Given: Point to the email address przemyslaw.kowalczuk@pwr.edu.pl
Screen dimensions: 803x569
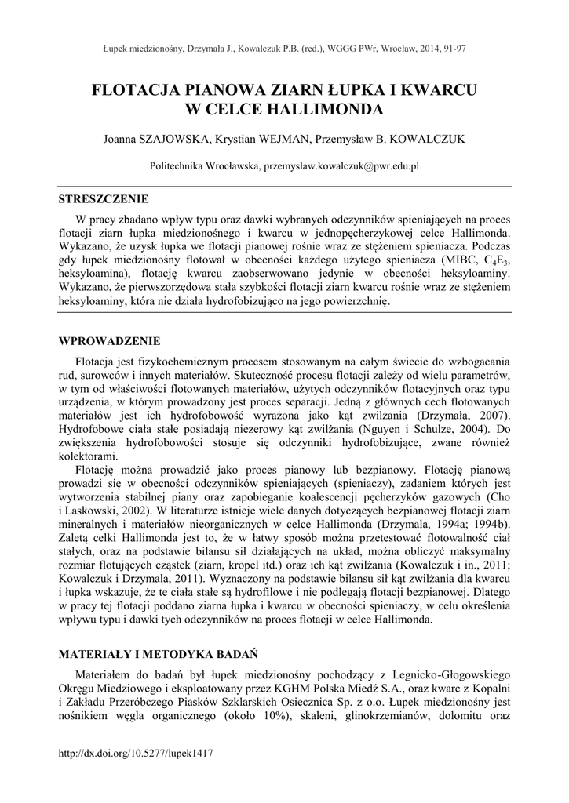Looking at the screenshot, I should click(341, 166).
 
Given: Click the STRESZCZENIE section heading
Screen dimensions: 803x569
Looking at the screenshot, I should click(104, 198).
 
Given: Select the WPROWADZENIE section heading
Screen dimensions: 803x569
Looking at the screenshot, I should click(110, 341).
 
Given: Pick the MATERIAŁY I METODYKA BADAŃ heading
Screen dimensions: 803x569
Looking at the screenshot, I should click(159, 652).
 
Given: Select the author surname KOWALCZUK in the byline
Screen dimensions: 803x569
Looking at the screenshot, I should click(424, 139).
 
